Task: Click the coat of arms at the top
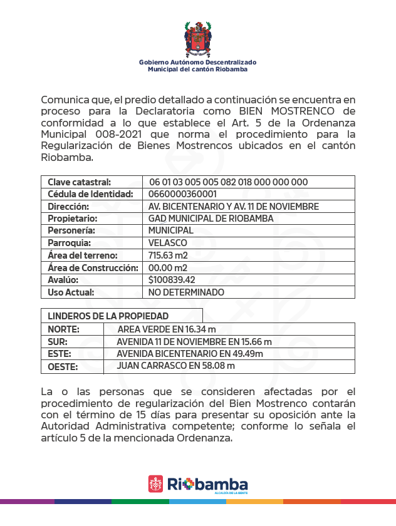click(197, 39)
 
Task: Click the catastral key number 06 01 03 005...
click(228, 182)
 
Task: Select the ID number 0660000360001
click(182, 194)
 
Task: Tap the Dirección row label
click(68, 206)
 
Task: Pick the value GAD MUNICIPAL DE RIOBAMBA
click(202, 219)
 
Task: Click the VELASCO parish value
click(167, 243)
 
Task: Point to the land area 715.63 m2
click(168, 255)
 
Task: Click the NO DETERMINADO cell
click(186, 292)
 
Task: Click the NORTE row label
click(63, 329)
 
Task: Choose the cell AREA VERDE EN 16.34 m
click(167, 329)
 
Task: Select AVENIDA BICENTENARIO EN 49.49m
click(189, 354)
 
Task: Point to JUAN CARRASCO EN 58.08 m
click(175, 366)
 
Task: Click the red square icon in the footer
click(155, 483)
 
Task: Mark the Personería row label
click(71, 230)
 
